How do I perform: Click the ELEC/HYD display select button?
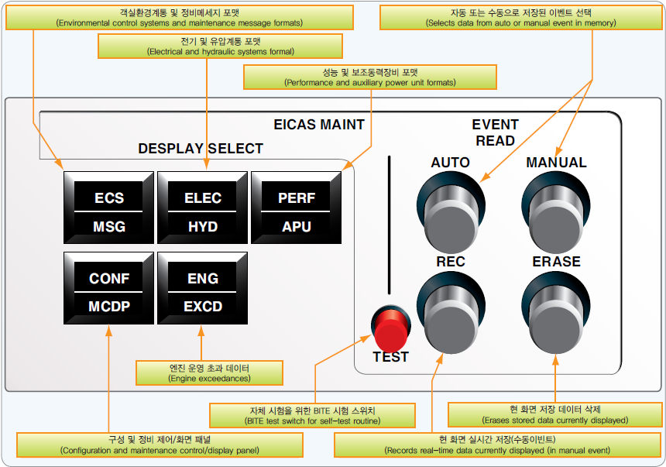[203, 211]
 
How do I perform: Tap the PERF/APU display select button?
[297, 211]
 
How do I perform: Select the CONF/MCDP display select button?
[109, 292]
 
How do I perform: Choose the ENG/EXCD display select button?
[203, 292]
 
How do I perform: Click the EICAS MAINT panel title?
[319, 124]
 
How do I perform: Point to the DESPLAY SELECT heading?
[201, 149]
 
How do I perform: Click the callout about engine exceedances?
[209, 373]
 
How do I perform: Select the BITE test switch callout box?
[313, 415]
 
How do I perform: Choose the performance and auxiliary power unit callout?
[369, 77]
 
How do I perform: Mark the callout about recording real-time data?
[496, 445]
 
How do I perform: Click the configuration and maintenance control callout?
[160, 445]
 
